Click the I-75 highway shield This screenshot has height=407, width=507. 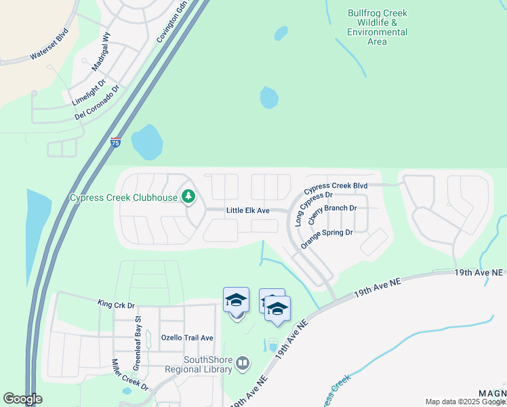tap(116, 143)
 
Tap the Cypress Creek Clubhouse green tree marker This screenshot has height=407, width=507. tap(188, 197)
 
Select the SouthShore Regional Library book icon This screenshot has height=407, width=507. tap(243, 364)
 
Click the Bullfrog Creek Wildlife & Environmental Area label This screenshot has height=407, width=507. tap(377, 27)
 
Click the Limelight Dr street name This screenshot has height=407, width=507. tap(89, 93)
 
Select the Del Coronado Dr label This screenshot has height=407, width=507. tap(98, 103)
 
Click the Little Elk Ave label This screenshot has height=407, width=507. tap(247, 211)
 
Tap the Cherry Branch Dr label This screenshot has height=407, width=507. tap(332, 214)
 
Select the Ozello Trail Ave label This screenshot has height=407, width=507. tap(187, 338)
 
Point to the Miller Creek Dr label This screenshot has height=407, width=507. tap(129, 374)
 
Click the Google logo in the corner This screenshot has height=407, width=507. tap(22, 398)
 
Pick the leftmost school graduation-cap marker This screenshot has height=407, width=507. tap(236, 300)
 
